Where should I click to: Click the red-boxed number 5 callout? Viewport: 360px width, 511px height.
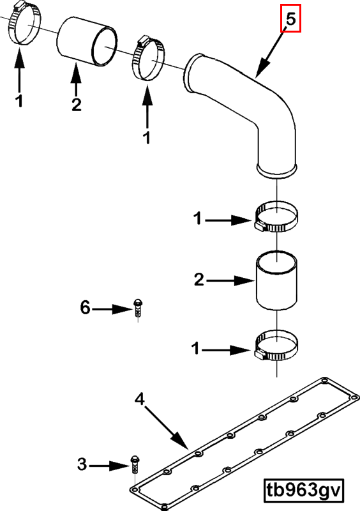pyautogui.click(x=290, y=19)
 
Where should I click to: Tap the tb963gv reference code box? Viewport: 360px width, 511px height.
pyautogui.click(x=304, y=490)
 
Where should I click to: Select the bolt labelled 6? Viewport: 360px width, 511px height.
pyautogui.click(x=138, y=309)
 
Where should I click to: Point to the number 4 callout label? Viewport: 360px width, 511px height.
pyautogui.click(x=140, y=399)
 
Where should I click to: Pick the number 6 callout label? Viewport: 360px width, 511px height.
pyautogui.click(x=85, y=307)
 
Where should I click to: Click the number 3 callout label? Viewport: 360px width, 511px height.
pyautogui.click(x=82, y=464)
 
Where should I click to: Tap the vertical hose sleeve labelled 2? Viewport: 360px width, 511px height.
pyautogui.click(x=277, y=280)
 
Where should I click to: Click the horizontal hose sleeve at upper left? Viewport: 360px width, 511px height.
pyautogui.click(x=87, y=42)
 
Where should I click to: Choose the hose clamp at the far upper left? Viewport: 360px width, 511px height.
pyautogui.click(x=24, y=24)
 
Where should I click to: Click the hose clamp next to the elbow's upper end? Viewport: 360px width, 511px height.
pyautogui.click(x=148, y=58)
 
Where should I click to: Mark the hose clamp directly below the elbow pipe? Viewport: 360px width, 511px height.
pyautogui.click(x=276, y=217)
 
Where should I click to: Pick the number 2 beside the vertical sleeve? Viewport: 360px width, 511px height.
pyautogui.click(x=199, y=280)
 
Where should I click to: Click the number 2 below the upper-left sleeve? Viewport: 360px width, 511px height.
pyautogui.click(x=76, y=105)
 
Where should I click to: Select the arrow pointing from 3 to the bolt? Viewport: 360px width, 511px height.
pyautogui.click(x=109, y=466)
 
